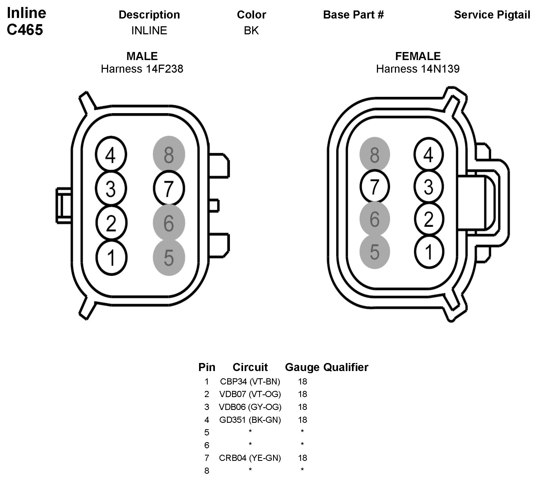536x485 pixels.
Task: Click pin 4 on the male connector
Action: [x=111, y=155]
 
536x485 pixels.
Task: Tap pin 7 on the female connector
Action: [x=375, y=186]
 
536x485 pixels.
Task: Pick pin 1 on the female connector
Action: [x=429, y=252]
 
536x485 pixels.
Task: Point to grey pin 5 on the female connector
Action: [x=375, y=252]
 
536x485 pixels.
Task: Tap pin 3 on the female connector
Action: [x=429, y=186]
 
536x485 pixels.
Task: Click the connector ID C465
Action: [x=25, y=29]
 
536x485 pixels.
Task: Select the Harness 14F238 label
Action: [x=142, y=69]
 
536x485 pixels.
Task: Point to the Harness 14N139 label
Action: [x=418, y=69]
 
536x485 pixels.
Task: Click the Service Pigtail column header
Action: [x=492, y=15]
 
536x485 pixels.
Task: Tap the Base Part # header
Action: [x=353, y=15]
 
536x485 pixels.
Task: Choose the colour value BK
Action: [x=251, y=31]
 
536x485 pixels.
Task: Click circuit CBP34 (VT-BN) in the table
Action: [x=250, y=381]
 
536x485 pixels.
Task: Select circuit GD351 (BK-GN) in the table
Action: [x=250, y=420]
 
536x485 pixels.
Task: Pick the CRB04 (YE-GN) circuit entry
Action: [x=250, y=458]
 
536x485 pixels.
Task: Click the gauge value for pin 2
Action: [x=302, y=394]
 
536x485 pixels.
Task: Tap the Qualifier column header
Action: [x=346, y=367]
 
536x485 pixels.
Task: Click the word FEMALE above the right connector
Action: [x=418, y=56]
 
